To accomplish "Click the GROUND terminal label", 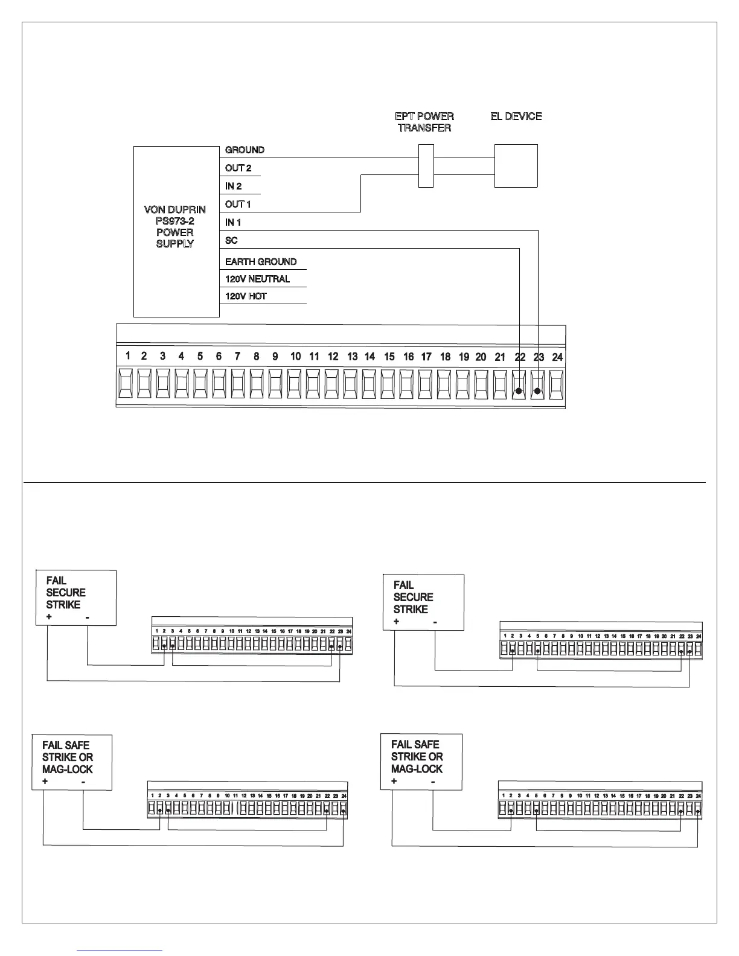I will pos(245,150).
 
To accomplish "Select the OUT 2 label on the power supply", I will pos(238,168).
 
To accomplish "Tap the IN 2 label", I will pos(233,186).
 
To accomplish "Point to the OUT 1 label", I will pos(238,204).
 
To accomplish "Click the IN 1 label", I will pos(233,222).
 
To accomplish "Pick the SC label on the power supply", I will pos(231,240).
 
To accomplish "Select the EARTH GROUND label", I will pos(261,261).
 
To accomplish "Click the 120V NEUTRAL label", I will pos(257,279).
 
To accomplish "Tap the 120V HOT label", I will pos(246,296).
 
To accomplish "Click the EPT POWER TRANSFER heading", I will pos(424,122).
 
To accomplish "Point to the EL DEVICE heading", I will pos(516,116).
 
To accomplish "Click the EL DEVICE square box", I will pos(516,166).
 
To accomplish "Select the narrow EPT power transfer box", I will pos(426,166).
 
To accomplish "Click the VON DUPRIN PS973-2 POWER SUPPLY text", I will pos(174,226).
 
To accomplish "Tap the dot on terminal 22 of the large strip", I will pos(519,391).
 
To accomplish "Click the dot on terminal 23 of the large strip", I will pos(537,391).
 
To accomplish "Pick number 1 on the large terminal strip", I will pos(127,356).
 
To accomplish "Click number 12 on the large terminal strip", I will pos(333,357).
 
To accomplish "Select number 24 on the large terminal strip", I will pos(557,357).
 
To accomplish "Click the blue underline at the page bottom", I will pos(120,951).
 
